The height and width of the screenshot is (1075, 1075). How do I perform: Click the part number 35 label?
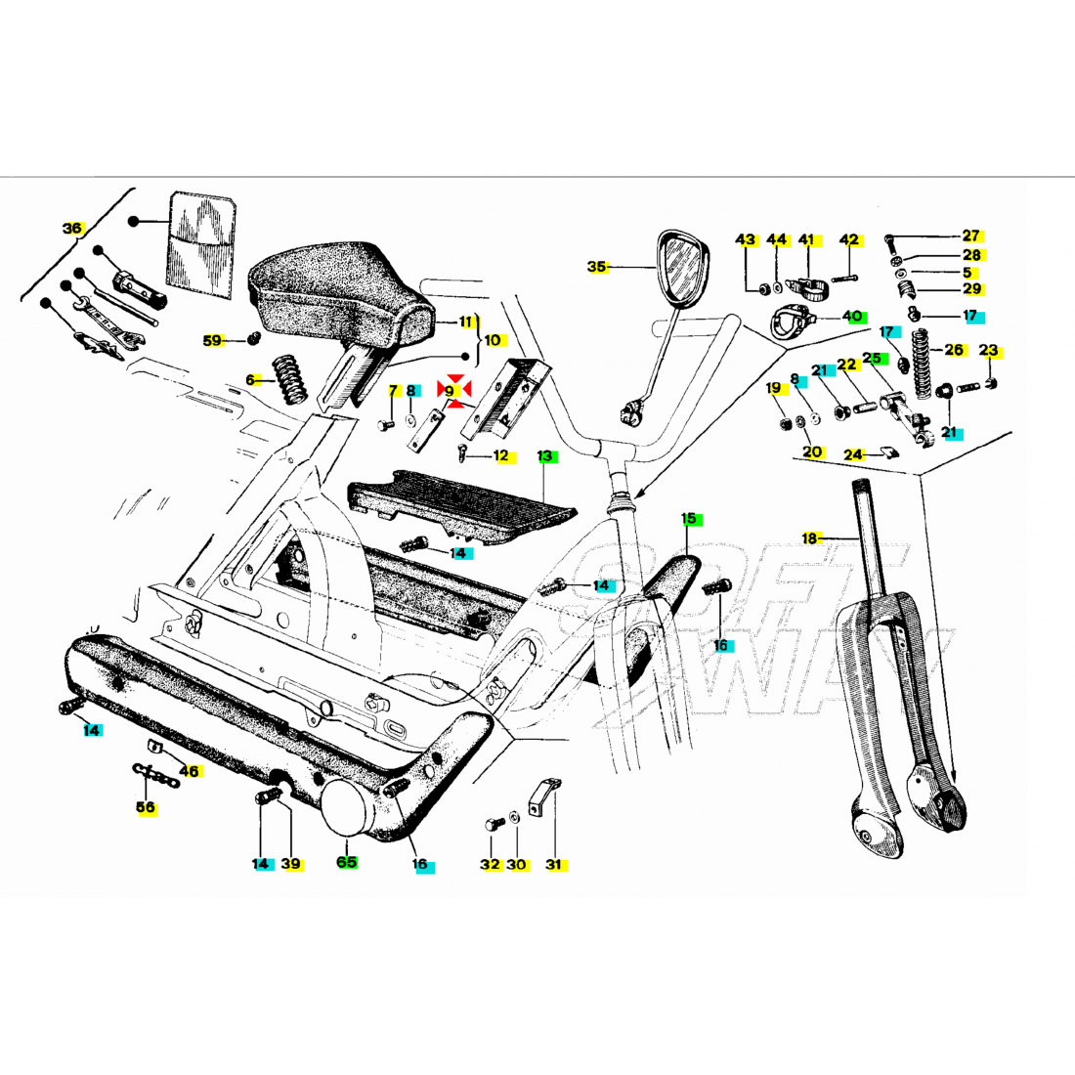click(x=597, y=267)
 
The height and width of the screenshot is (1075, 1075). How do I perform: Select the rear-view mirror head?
click(x=682, y=269)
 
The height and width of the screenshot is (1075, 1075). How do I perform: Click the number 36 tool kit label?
click(x=72, y=229)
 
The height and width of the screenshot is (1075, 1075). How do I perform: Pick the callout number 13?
click(x=545, y=456)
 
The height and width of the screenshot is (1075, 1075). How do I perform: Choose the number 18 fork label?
click(x=809, y=538)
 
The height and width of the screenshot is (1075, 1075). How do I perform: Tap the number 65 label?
click(x=347, y=862)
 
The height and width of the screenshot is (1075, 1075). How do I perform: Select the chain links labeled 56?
click(x=157, y=777)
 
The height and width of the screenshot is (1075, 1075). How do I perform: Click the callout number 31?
click(x=554, y=864)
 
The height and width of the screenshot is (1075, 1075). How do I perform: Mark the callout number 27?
click(x=970, y=236)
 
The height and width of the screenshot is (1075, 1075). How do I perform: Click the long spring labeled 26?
click(x=919, y=362)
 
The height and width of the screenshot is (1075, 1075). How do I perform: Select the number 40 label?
click(x=853, y=317)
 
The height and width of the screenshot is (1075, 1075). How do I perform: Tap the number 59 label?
click(x=213, y=341)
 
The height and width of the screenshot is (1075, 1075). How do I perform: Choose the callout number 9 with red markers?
click(x=450, y=391)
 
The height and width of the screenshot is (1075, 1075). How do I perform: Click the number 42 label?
click(x=849, y=240)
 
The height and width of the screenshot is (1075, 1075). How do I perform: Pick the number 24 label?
click(x=854, y=454)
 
